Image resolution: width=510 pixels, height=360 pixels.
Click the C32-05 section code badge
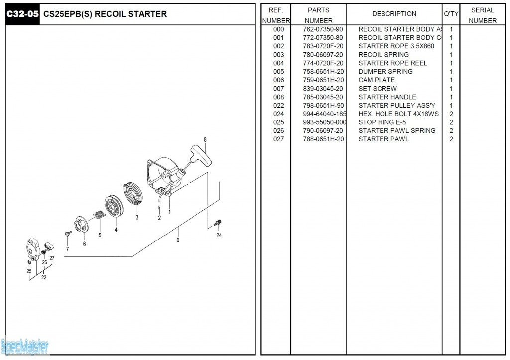[x=22, y=14]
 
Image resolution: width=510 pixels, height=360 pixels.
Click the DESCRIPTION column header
[x=394, y=14]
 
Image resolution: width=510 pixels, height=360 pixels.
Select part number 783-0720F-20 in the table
[x=323, y=46]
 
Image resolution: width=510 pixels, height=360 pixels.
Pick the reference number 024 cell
[x=278, y=114]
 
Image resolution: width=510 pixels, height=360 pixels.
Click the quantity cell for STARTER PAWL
[x=451, y=139]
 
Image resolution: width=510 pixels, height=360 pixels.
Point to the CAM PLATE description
[x=377, y=80]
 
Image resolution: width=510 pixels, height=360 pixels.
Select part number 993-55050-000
[x=324, y=122]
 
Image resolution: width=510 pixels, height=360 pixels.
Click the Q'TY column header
[x=451, y=14]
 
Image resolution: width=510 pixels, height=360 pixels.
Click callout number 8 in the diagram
[x=205, y=139]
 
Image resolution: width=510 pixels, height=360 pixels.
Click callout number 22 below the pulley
[x=44, y=277]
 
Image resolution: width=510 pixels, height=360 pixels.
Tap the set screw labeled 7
[x=67, y=234]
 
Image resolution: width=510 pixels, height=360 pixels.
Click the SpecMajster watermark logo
[x=25, y=345]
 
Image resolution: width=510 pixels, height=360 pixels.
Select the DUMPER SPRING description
[x=385, y=72]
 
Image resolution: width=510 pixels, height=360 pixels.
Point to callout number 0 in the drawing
[x=178, y=240]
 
